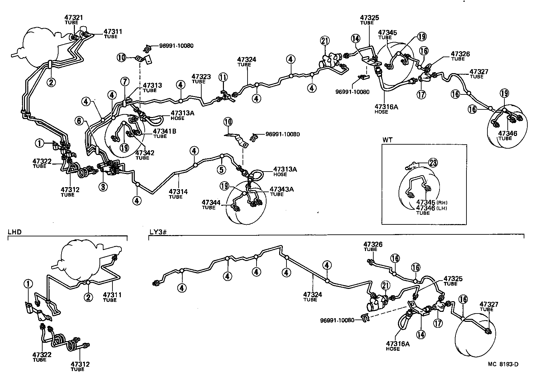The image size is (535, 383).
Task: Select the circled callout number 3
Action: [103, 187]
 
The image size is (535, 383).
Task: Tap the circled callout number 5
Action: [221, 170]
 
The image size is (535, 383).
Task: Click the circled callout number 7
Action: [124, 81]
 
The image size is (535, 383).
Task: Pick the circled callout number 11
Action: [223, 77]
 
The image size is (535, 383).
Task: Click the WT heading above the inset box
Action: [388, 140]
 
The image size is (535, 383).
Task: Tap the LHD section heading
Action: [14, 231]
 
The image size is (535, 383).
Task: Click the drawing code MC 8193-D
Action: [503, 364]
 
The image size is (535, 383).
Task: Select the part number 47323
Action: [201, 77]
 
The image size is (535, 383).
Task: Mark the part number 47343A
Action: [281, 189]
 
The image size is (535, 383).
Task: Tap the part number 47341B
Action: [165, 131]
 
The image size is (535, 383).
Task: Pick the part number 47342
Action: [145, 153]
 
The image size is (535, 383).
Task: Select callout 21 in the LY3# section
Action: [385, 285]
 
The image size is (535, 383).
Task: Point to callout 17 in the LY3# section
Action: [438, 323]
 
